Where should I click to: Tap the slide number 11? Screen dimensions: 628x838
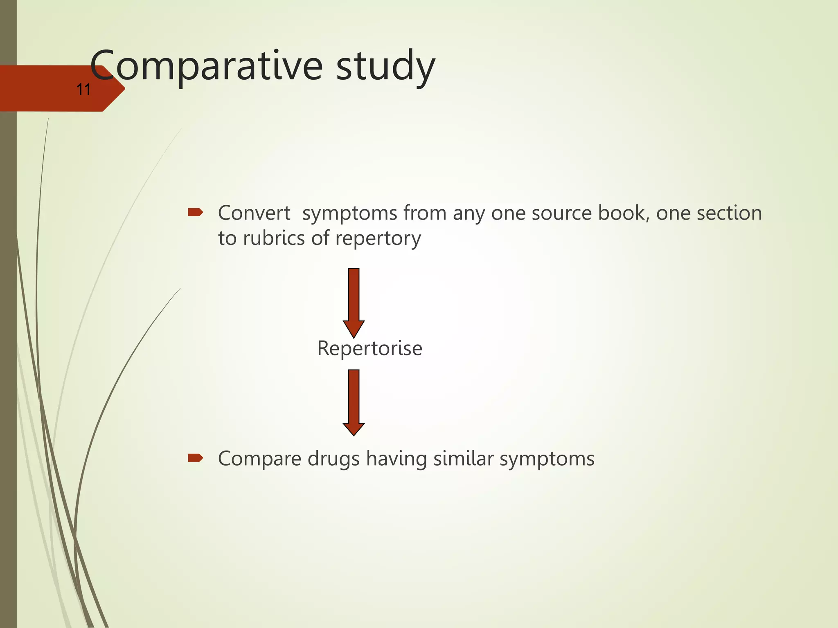(83, 90)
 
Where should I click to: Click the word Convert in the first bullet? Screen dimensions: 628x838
(254, 213)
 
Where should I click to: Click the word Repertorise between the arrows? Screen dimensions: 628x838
(369, 348)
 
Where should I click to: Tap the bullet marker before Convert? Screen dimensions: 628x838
(195, 212)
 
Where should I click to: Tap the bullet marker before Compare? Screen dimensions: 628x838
(195, 458)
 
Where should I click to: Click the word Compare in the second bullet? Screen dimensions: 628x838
(259, 459)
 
